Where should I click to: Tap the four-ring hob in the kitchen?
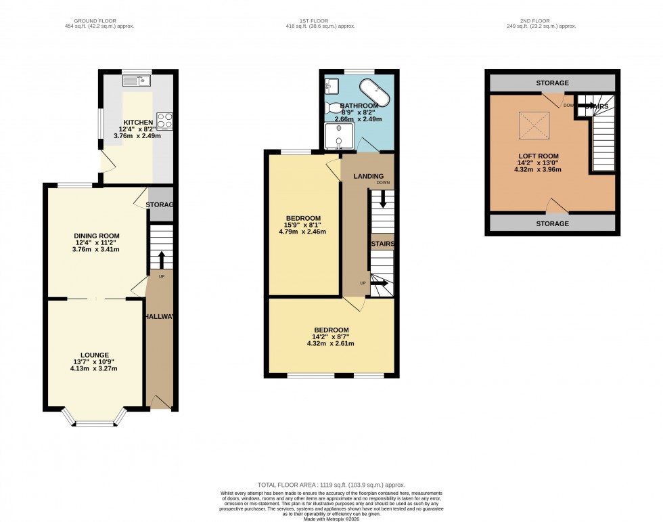(164, 120)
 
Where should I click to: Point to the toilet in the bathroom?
(334, 108)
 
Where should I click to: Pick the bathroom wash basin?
(331, 85)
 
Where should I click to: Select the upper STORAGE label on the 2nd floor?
(552, 83)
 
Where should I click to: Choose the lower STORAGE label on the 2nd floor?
(552, 223)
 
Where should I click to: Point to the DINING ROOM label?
(96, 236)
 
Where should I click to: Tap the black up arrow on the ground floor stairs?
(161, 259)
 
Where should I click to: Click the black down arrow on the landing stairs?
(383, 198)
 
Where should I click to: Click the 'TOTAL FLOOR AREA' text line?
(331, 485)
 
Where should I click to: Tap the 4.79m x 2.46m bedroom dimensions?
(303, 232)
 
